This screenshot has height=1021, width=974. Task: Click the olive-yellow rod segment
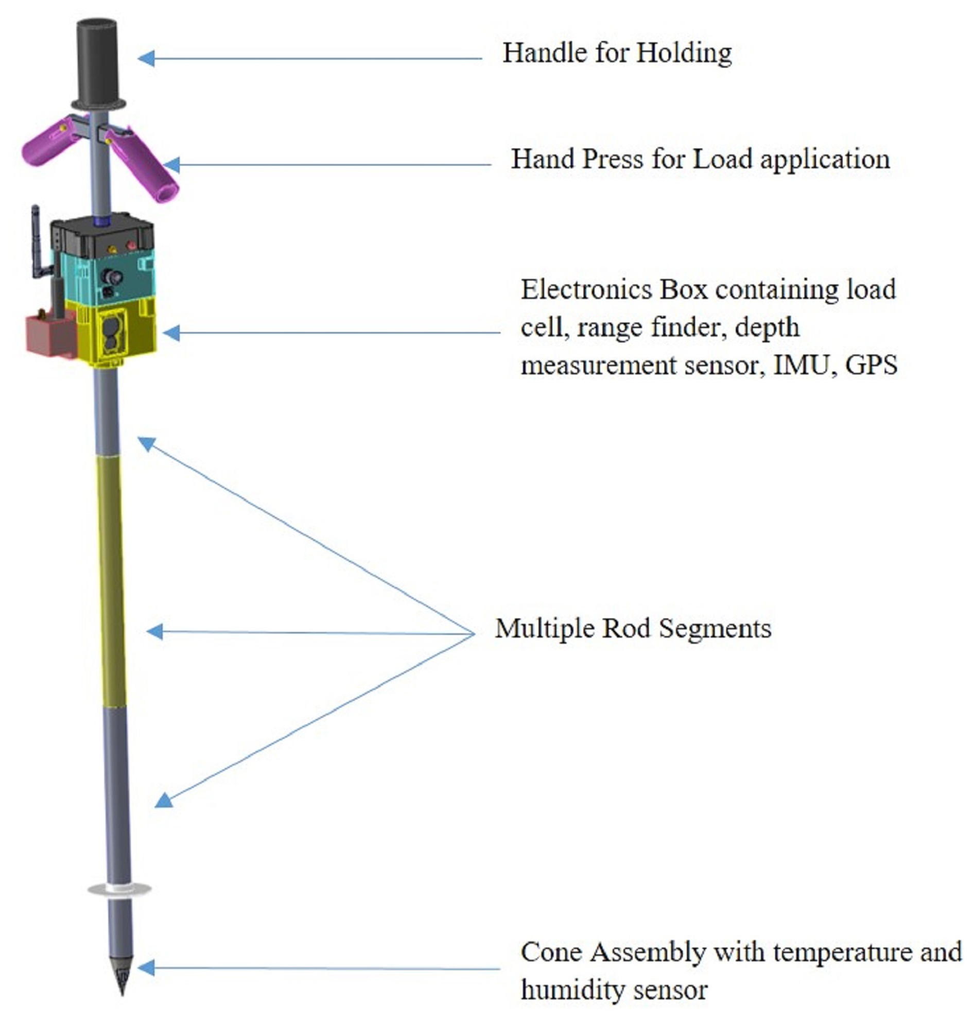[112, 577]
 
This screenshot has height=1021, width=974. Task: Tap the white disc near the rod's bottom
[119, 889]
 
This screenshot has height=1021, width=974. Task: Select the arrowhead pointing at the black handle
[146, 58]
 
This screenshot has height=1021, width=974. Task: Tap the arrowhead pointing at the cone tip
[146, 967]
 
